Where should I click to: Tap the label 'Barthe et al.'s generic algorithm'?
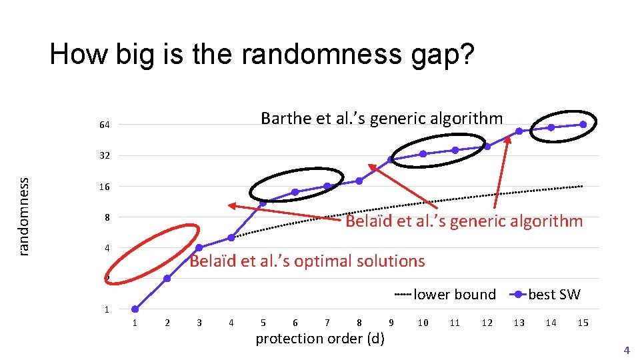point(381,119)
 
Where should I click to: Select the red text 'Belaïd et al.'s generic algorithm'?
point(463,221)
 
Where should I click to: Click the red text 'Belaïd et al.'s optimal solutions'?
point(307,261)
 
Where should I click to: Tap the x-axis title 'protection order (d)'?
point(320,339)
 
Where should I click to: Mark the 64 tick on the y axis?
point(104,125)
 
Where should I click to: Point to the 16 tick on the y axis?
point(104,187)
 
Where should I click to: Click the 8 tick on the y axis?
point(105,218)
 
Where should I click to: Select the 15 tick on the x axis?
point(583,323)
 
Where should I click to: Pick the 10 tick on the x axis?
point(423,323)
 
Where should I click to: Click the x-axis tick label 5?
point(263,323)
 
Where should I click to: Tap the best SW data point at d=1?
point(135,309)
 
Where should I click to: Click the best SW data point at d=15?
point(583,124)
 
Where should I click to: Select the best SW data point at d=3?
point(199,248)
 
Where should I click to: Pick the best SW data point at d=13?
point(519,131)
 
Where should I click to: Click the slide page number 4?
point(625,350)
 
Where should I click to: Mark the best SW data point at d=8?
point(359,181)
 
